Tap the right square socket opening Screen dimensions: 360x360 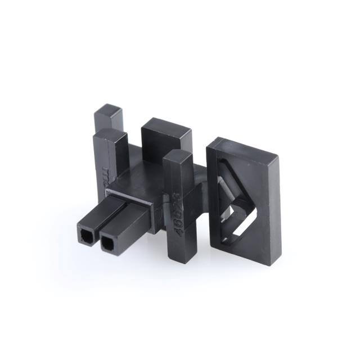tap(106, 243)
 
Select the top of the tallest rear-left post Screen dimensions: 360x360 tap(109, 110)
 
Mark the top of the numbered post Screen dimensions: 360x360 tap(179, 157)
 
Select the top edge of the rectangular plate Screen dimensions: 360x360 tap(247, 147)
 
